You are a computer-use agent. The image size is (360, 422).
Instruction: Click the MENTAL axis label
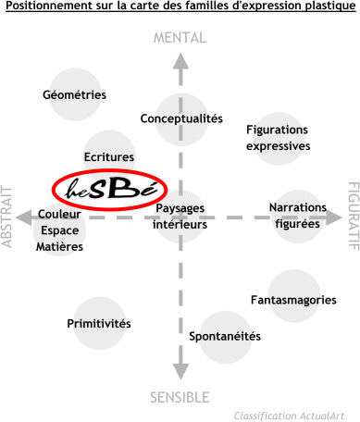coord(180,38)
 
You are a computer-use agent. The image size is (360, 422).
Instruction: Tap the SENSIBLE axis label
coord(180,397)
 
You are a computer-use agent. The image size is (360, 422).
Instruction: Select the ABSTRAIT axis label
coord(6,217)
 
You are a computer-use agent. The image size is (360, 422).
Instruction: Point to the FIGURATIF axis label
coord(354,216)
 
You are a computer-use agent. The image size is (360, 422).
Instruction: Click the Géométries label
coord(74,94)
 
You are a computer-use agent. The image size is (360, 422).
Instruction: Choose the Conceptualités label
coord(181,118)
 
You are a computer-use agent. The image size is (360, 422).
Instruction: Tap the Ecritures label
coord(109,157)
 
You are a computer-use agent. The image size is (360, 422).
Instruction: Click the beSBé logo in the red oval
coord(110,190)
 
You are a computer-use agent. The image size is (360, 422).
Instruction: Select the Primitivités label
coord(99,324)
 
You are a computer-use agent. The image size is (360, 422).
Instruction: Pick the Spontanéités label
coord(225,336)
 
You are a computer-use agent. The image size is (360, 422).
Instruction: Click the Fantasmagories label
coord(293,300)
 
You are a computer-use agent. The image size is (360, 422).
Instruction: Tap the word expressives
coord(278,146)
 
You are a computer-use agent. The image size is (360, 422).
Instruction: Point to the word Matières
coord(59,247)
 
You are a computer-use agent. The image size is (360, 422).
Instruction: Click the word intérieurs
coord(180,224)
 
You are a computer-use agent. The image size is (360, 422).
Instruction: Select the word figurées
coord(297,223)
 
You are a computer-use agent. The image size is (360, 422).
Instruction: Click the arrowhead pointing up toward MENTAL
coord(180,61)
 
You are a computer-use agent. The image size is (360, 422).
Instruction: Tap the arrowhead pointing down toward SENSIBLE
coord(180,372)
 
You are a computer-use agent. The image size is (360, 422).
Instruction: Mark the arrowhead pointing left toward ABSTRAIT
coord(24,217)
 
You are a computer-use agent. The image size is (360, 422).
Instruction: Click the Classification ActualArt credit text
coord(289,416)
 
